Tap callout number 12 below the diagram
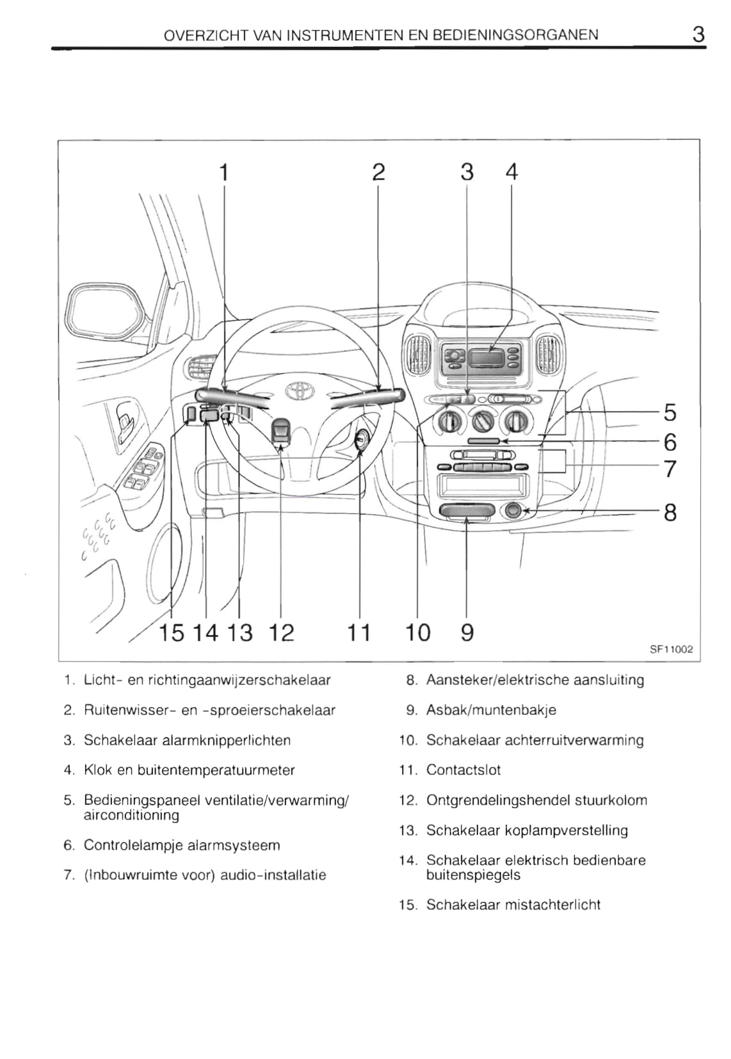[x=282, y=633]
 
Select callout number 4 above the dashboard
[x=511, y=172]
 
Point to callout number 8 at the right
[x=670, y=512]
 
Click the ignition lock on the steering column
[x=361, y=441]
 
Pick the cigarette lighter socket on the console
[x=513, y=510]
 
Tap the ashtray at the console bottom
[x=467, y=512]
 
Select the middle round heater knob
[x=483, y=421]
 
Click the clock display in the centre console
[x=487, y=358]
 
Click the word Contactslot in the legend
[x=463, y=770]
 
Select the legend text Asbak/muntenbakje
[x=491, y=709]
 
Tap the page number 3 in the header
[x=698, y=35]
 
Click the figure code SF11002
[x=671, y=649]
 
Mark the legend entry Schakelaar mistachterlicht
[x=513, y=904]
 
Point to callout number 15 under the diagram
[x=172, y=633]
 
